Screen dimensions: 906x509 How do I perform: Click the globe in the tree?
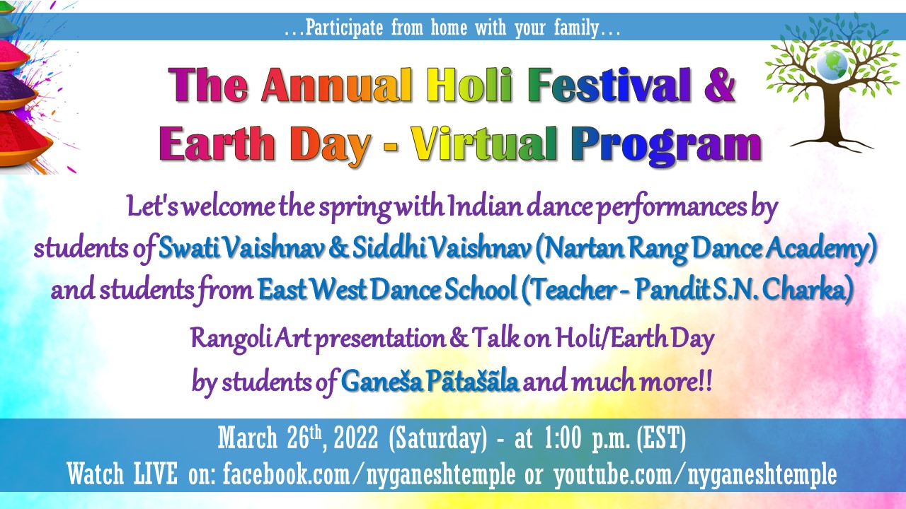(831, 65)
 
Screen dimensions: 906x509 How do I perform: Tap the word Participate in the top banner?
(344, 28)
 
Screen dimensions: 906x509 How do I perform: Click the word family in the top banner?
(576, 28)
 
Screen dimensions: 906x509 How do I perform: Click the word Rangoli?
(231, 339)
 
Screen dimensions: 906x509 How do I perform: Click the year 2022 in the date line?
(356, 438)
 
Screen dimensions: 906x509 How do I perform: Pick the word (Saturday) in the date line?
(438, 439)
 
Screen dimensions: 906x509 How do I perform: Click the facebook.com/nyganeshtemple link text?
(369, 474)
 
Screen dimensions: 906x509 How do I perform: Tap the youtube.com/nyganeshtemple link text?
(696, 474)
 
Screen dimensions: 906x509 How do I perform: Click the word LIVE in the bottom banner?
(156, 474)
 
